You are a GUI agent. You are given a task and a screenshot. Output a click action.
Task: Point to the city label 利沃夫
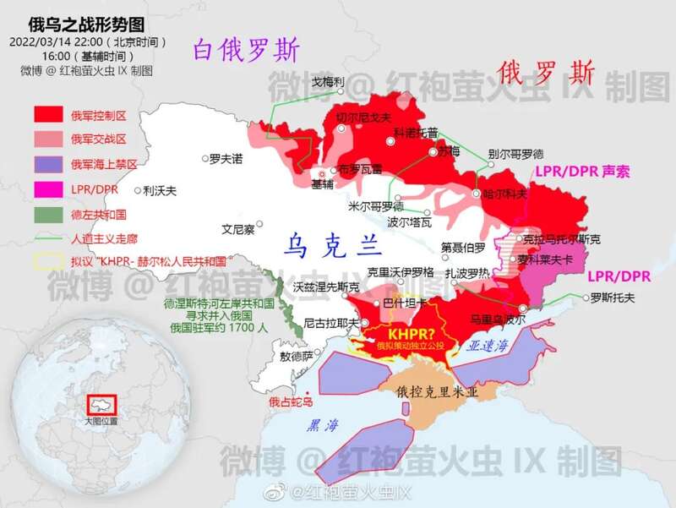[160, 190]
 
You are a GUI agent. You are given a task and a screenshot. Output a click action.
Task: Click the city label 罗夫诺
[226, 157]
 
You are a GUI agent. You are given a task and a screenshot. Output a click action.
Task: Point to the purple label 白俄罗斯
[246, 52]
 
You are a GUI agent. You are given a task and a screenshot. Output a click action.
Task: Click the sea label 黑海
[323, 424]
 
